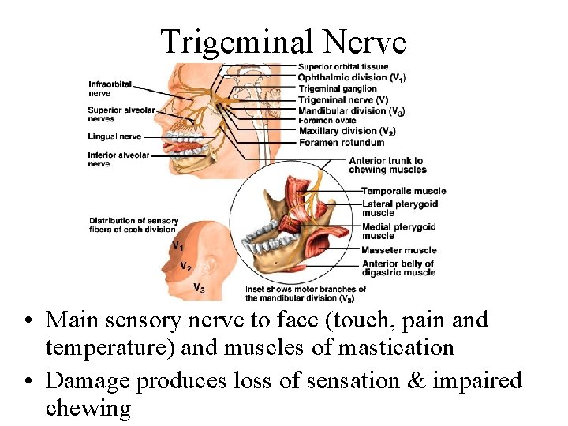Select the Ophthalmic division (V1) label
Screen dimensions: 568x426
[x=353, y=77]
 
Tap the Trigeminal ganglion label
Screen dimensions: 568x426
[x=338, y=88]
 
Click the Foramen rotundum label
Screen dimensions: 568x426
[x=342, y=142]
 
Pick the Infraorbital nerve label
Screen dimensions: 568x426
[x=110, y=88]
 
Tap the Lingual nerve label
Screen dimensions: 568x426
[x=115, y=136]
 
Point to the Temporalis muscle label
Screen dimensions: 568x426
[x=404, y=191]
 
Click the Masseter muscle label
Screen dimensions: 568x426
[x=399, y=250]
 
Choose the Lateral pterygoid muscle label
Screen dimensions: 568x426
[x=400, y=208]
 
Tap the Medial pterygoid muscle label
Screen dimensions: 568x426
[x=399, y=231]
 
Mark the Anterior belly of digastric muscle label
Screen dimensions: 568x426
[x=398, y=268]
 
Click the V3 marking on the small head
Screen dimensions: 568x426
[x=200, y=289]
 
